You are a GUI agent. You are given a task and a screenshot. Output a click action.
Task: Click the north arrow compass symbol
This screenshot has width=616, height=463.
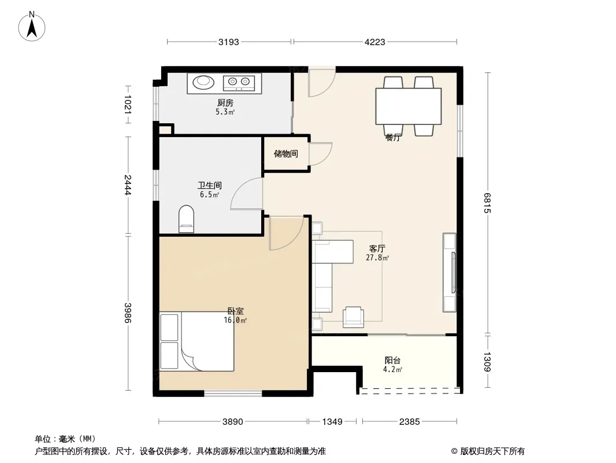click(32, 26)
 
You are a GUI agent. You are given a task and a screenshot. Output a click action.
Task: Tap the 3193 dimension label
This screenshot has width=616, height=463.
click(229, 42)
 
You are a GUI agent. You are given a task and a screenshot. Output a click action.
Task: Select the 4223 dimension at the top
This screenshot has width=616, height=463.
click(375, 42)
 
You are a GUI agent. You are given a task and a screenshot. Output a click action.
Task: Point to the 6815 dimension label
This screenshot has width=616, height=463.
click(487, 203)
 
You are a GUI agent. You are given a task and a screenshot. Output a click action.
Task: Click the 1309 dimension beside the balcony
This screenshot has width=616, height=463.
click(487, 362)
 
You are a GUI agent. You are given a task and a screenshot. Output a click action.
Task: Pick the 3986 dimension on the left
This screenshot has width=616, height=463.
click(128, 313)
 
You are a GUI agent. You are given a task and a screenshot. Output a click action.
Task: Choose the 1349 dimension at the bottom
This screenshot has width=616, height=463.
click(332, 422)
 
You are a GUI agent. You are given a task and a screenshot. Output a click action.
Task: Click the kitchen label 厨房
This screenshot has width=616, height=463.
click(225, 102)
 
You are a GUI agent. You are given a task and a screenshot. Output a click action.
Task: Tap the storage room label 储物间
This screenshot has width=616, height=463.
click(285, 153)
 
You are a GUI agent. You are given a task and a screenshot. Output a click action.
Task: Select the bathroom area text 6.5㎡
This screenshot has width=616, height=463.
click(209, 194)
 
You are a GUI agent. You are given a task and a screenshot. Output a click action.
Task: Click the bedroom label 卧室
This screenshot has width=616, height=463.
click(235, 311)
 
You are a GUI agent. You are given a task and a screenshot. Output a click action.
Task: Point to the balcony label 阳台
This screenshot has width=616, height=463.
click(392, 360)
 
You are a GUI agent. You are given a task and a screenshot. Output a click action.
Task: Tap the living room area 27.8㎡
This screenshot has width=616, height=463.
click(377, 258)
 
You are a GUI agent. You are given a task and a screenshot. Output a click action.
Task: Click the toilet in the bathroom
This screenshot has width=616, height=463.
click(186, 219)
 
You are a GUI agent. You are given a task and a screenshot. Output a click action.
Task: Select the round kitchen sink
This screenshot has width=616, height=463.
click(203, 82)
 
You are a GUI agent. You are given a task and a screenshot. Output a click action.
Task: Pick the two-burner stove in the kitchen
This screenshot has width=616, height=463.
click(239, 82)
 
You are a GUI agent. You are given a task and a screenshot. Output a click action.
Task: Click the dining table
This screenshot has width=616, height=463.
click(408, 106)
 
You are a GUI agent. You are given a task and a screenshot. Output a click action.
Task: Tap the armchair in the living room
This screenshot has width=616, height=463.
click(353, 317)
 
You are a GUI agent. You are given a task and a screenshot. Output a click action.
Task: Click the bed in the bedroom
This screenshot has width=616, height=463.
click(197, 341)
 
